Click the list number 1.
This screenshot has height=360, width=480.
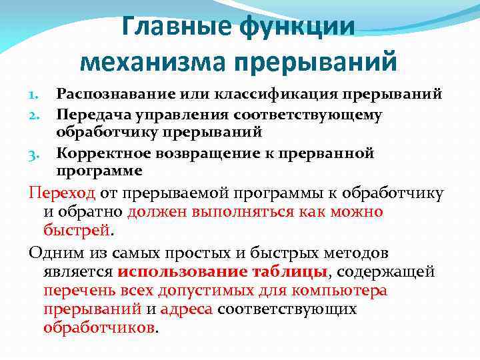(x=37, y=95)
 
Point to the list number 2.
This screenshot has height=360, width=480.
(x=37, y=115)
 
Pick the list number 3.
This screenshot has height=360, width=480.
(x=37, y=154)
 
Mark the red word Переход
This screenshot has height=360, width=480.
(x=63, y=193)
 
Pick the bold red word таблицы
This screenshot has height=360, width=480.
(x=297, y=272)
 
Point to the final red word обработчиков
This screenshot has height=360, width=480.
(x=98, y=328)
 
